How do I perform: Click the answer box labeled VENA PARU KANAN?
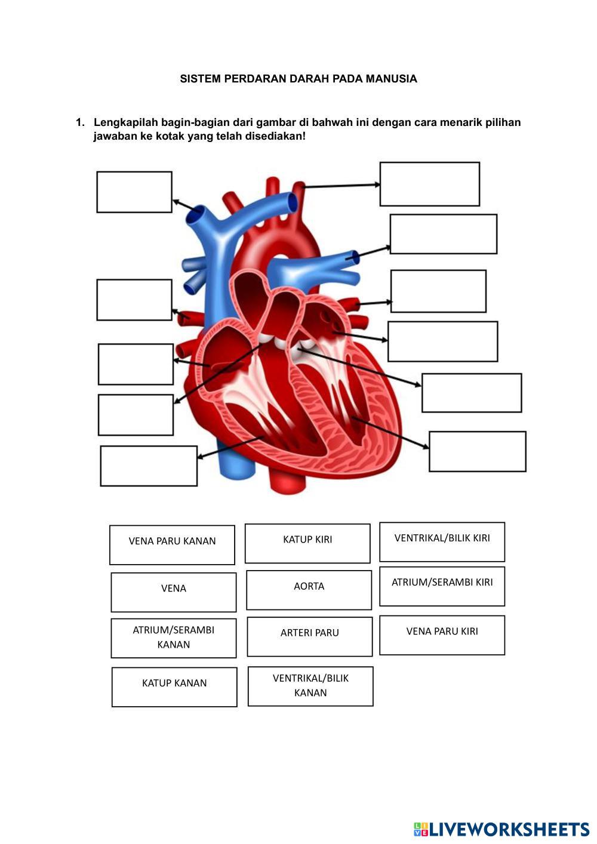(x=172, y=544)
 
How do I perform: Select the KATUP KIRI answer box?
(x=307, y=543)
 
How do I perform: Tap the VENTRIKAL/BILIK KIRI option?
(x=442, y=541)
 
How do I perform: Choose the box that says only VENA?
(x=174, y=592)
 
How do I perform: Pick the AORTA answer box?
(x=309, y=590)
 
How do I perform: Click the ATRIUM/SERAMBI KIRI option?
(x=442, y=586)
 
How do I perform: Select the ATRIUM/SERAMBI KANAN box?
(x=174, y=638)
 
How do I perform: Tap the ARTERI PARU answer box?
(x=310, y=636)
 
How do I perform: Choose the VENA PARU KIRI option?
(x=442, y=634)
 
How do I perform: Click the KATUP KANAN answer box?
(x=174, y=686)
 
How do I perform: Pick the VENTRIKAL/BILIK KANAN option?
(x=310, y=686)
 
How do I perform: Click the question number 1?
(x=79, y=123)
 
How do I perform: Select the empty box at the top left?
(x=134, y=192)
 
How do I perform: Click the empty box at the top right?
(x=429, y=184)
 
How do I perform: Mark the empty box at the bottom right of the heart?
(x=477, y=451)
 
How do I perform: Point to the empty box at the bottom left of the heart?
(x=149, y=466)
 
